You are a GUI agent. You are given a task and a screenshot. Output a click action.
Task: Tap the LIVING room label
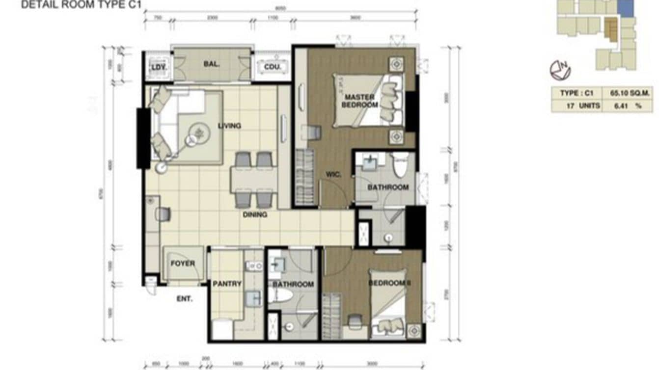click(x=229, y=126)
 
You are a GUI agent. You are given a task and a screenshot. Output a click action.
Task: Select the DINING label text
click(x=254, y=214)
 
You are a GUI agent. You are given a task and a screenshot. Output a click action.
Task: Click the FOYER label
click(x=183, y=264)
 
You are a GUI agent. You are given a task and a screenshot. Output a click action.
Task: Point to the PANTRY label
click(x=227, y=284)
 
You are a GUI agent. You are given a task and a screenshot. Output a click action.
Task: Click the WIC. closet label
click(x=333, y=174)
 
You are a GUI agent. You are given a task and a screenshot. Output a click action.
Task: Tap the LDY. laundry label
click(x=158, y=67)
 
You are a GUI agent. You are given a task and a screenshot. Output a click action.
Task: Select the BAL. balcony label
click(x=212, y=64)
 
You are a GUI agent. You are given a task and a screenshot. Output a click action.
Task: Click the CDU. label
click(x=272, y=67)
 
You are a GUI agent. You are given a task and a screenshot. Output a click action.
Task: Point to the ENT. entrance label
click(x=184, y=298)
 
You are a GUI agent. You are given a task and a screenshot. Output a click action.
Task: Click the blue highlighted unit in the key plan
click(x=625, y=8)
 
